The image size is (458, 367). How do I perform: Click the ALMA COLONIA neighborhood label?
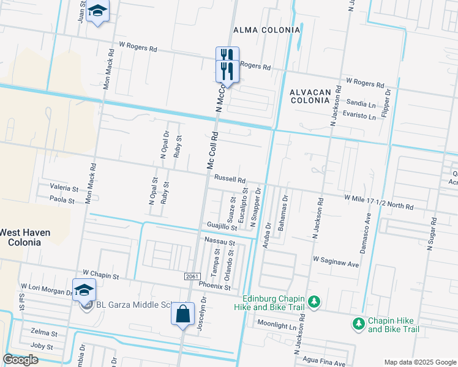pos(266,29)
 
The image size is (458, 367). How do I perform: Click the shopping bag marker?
pos(182,314)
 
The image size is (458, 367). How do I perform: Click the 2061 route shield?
pos(191,277)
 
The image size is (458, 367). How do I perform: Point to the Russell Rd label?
pos(230,180)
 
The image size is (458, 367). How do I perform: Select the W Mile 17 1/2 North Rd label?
pos(378,202)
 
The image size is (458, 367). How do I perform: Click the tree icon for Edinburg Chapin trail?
pos(313,301)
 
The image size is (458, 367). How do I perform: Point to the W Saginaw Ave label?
pos(336,261)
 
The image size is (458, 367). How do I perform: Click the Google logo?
pos(21,360)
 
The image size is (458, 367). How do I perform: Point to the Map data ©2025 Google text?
pos(419,362)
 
